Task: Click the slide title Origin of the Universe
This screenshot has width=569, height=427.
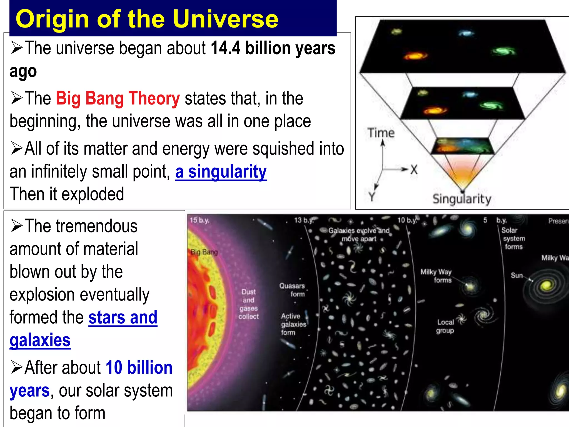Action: [x=147, y=19]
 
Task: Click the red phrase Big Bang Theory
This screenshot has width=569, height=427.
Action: [x=118, y=98]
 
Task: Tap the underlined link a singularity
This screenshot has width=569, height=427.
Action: [x=221, y=172]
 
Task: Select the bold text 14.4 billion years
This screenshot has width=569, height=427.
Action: [x=273, y=48]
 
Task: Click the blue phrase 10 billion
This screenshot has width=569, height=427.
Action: [x=139, y=368]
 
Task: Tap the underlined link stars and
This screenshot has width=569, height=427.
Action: [x=123, y=317]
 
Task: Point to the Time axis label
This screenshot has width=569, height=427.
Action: [x=381, y=133]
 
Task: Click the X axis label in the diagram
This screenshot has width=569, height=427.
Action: [x=414, y=169]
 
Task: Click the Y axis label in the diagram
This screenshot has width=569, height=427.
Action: [x=372, y=197]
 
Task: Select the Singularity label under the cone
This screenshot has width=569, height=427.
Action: [x=462, y=199]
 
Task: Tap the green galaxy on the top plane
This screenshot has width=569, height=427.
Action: [x=503, y=51]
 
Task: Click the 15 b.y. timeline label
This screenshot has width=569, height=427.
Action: [x=199, y=220]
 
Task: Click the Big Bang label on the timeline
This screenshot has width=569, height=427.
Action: [x=204, y=252]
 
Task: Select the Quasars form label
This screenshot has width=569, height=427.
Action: [x=292, y=290]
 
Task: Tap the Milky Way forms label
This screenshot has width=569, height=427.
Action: [x=436, y=276]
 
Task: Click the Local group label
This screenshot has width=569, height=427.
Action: [x=445, y=326]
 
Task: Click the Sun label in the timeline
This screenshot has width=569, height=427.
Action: [x=517, y=275]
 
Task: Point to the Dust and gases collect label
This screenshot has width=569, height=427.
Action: [x=248, y=304]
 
